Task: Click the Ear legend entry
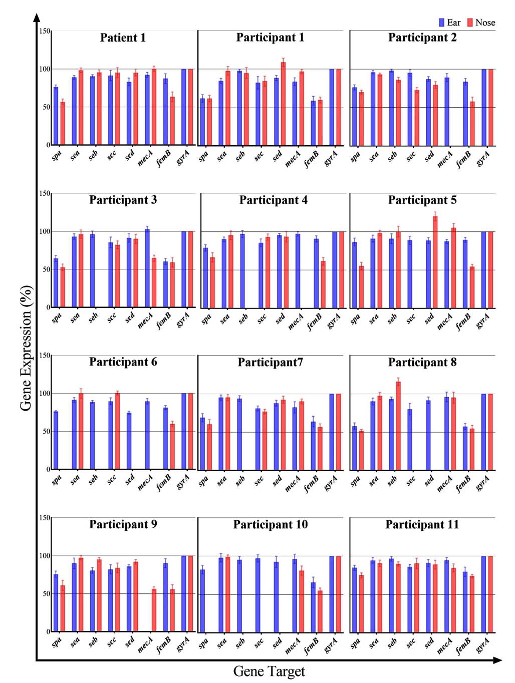tap(449, 23)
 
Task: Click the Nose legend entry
tap(481, 23)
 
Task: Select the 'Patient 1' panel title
tap(123, 38)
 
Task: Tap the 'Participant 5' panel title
tap(422, 200)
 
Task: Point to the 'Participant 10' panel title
tap(271, 525)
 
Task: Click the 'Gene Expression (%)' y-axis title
tap(26, 348)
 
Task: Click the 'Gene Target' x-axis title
tap(269, 671)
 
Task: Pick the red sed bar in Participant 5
tap(435, 262)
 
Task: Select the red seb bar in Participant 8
tap(398, 426)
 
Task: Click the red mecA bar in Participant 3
tap(154, 283)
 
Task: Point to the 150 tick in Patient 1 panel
tap(45, 31)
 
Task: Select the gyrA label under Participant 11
tap(483, 645)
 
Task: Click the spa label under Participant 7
tap(203, 481)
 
